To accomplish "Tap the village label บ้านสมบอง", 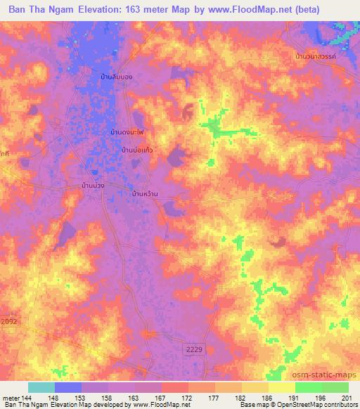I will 116,75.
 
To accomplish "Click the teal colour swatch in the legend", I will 41,387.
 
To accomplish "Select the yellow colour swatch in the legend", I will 281,387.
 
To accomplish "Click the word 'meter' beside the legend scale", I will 11,398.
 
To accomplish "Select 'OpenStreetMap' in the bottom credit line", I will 292,405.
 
